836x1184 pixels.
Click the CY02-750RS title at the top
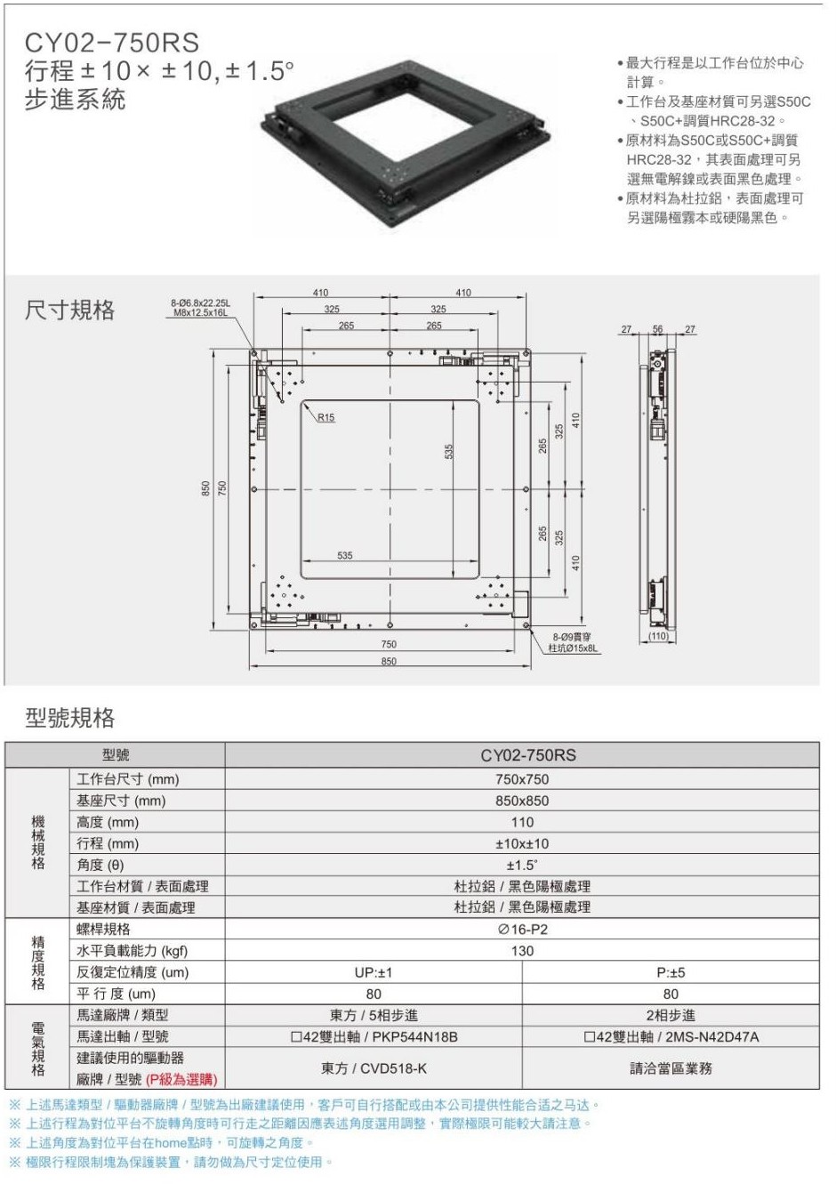[x=111, y=43]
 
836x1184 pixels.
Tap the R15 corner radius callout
[x=326, y=417]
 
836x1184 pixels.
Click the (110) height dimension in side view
[x=658, y=636]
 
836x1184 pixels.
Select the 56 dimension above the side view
[x=657, y=329]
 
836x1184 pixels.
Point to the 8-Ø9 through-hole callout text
[x=573, y=643]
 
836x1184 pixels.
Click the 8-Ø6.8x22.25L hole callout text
[x=200, y=308]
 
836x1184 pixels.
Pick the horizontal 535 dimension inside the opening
[x=344, y=556]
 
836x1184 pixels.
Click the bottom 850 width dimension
[x=389, y=661]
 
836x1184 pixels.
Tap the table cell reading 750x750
[x=522, y=779]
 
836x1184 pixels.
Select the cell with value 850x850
[x=522, y=801]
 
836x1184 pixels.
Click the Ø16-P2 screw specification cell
[x=522, y=930]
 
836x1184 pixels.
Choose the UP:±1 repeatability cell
[x=374, y=972]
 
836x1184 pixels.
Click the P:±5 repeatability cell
[x=671, y=972]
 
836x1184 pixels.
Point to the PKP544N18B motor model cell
[x=374, y=1036]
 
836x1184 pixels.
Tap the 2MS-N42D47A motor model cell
[x=671, y=1036]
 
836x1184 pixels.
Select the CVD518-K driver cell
[x=374, y=1068]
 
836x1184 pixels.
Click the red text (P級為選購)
[x=181, y=1079]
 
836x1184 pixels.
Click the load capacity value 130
[x=522, y=951]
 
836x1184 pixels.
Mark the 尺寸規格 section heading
[x=69, y=310]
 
